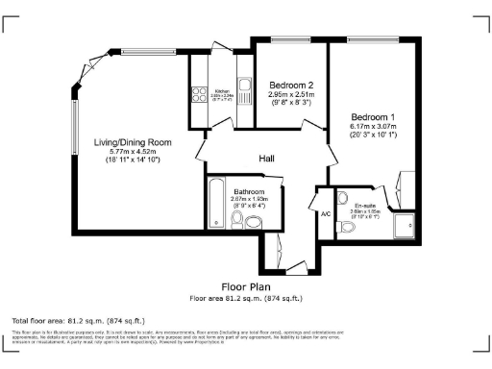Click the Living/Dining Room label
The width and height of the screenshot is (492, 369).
(x=133, y=142)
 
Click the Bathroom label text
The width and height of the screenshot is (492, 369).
(x=250, y=190)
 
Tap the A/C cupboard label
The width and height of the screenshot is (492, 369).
(x=326, y=213)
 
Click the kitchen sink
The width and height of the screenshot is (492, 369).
(x=244, y=94)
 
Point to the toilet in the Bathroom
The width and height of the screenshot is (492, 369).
(x=252, y=222)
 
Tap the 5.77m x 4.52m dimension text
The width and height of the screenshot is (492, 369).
(x=133, y=152)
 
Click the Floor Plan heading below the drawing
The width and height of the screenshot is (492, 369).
(x=246, y=286)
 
